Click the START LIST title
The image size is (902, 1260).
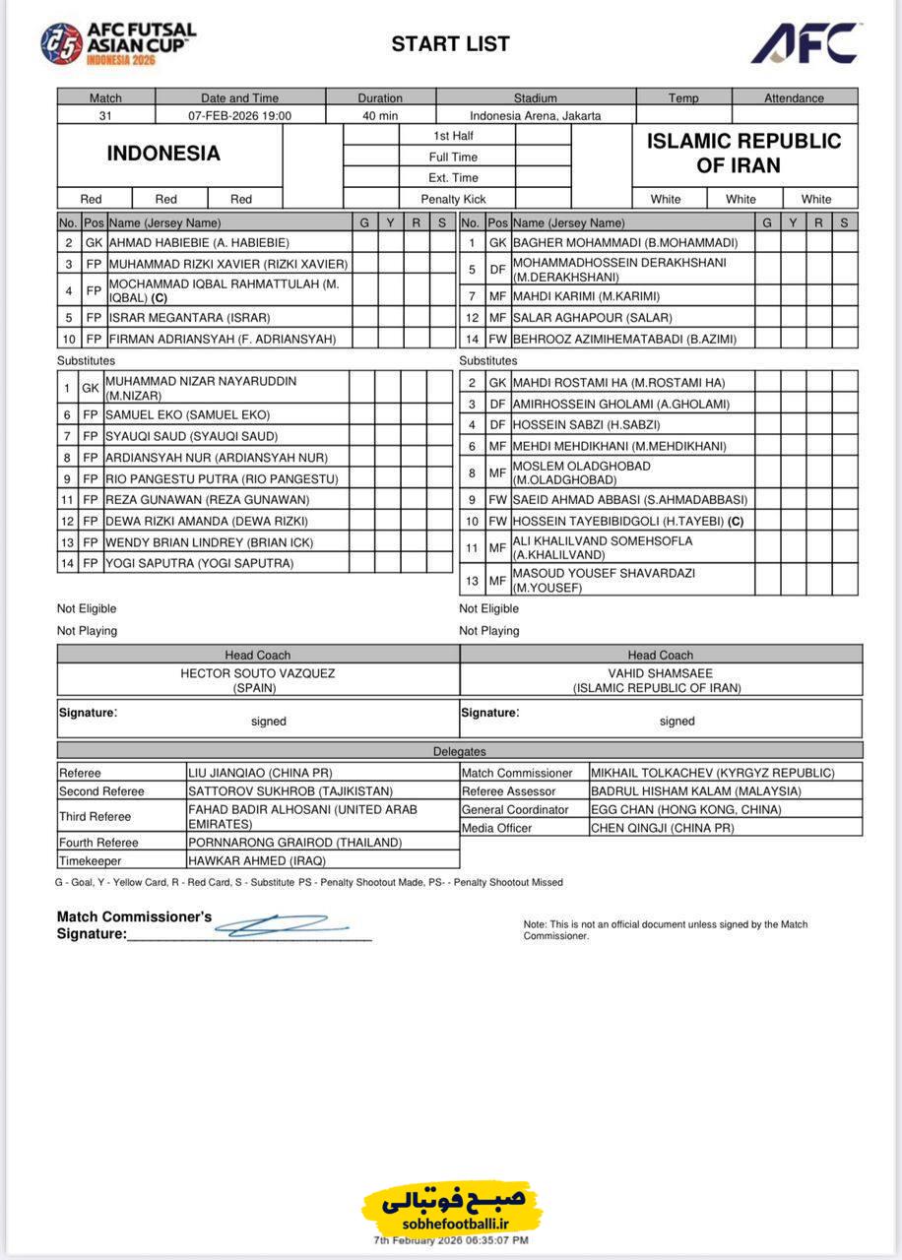click(450, 44)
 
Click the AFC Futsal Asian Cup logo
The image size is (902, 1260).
click(117, 43)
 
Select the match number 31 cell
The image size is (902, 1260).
click(105, 115)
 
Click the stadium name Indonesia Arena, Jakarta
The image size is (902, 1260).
click(535, 115)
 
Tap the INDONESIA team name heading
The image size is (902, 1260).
click(163, 154)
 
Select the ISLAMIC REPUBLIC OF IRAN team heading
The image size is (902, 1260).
click(743, 154)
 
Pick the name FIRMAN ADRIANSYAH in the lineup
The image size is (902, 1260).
click(223, 339)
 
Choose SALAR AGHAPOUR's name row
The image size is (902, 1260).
click(592, 317)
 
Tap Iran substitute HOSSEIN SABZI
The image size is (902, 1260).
click(586, 424)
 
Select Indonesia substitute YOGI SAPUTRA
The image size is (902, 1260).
click(200, 563)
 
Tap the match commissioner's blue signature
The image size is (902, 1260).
click(281, 924)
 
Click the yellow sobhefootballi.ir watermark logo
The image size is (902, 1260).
click(451, 1208)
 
